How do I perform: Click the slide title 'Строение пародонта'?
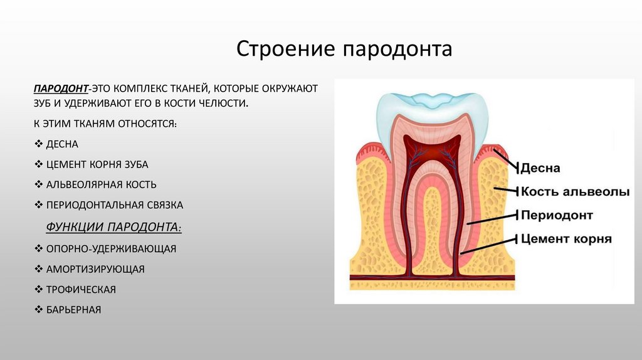click(x=344, y=49)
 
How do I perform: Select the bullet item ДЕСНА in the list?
click(x=61, y=144)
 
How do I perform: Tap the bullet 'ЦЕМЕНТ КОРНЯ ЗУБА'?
click(x=97, y=164)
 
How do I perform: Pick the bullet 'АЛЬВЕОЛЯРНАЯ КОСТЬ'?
click(x=101, y=184)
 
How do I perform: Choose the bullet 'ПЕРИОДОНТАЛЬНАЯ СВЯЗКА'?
click(x=114, y=204)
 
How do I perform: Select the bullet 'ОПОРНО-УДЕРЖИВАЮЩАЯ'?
click(x=110, y=249)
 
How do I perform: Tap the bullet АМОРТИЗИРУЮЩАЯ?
click(x=95, y=269)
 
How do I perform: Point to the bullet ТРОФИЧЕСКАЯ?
click(x=81, y=289)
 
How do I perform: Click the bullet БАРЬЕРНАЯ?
click(x=73, y=309)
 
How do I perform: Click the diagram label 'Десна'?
click(x=540, y=169)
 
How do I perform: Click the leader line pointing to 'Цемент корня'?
click(x=489, y=245)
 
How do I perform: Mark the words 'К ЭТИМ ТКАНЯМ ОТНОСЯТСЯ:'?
click(x=105, y=124)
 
